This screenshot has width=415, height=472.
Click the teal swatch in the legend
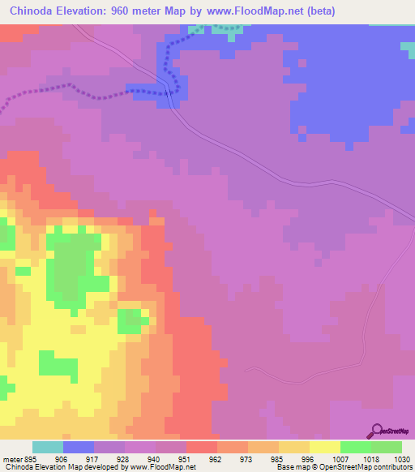(48, 447)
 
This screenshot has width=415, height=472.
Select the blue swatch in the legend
(79, 447)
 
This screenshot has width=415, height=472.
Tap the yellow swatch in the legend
(325, 447)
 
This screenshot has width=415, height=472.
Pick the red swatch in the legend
(202, 447)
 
